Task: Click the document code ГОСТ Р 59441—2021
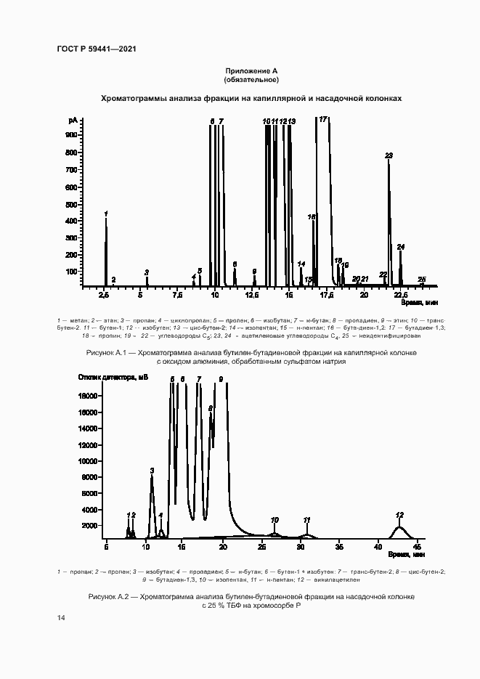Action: click(x=97, y=49)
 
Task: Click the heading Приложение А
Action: click(x=251, y=70)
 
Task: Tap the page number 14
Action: click(x=61, y=617)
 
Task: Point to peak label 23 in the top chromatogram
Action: click(x=389, y=155)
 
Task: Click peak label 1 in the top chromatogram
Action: click(x=106, y=213)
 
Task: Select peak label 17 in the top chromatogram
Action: click(x=323, y=118)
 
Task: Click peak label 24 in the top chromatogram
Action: click(x=401, y=247)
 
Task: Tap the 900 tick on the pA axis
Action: click(x=71, y=135)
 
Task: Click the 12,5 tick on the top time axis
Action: click(x=252, y=296)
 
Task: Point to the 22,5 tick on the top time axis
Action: click(x=400, y=296)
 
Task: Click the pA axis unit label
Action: click(x=73, y=119)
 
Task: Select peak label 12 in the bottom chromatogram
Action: click(x=399, y=515)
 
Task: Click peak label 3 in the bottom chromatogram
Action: click(x=152, y=471)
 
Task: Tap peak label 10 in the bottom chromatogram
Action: click(x=274, y=520)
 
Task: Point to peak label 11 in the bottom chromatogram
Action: click(x=306, y=520)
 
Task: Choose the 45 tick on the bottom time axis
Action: click(x=417, y=545)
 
